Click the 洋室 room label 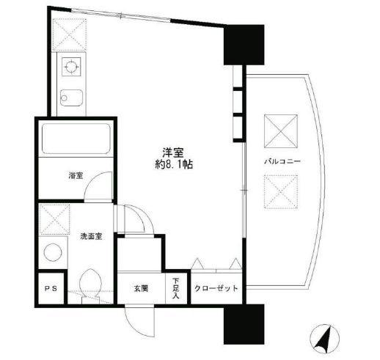coord(173,152)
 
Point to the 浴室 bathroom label coord(75,176)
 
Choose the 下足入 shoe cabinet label coord(178,284)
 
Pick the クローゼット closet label coord(217,288)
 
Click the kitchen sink coord(71,97)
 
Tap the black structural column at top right coord(243,45)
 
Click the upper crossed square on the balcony coord(281,129)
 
